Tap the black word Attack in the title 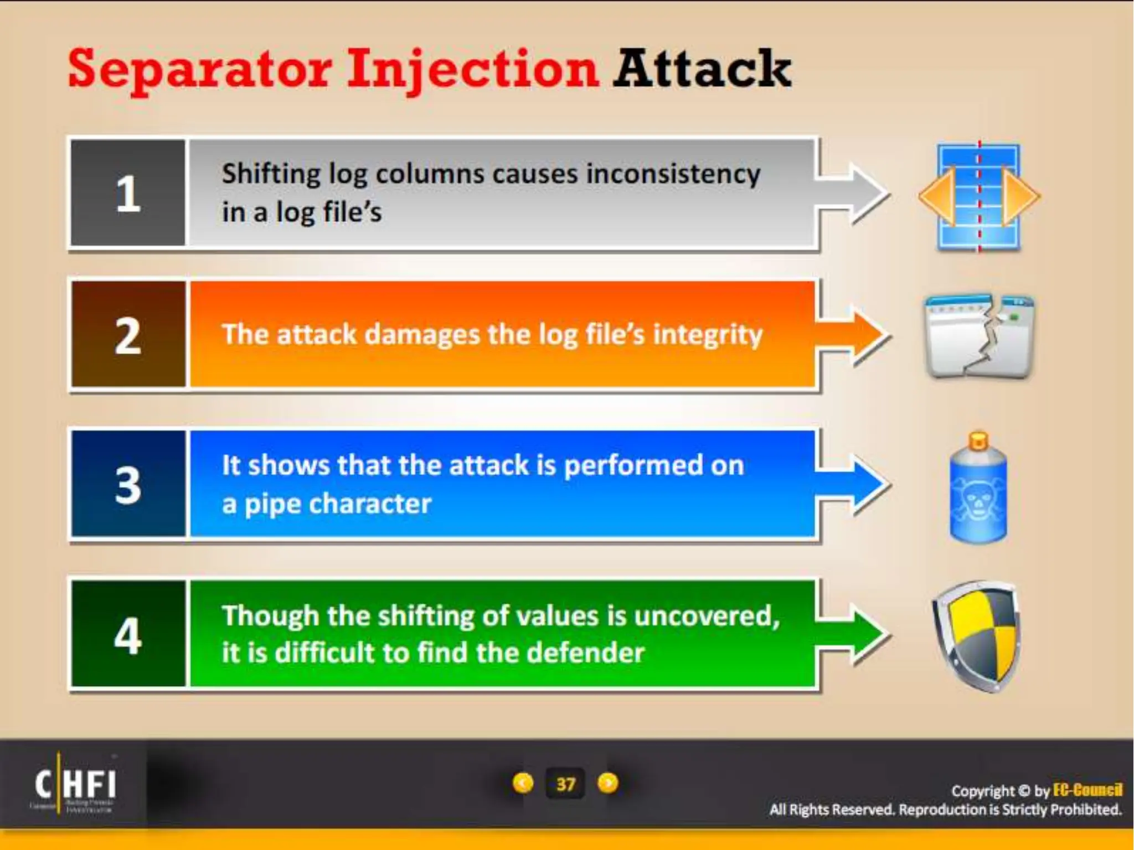(x=702, y=69)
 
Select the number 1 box (x=128, y=193)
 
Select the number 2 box (x=128, y=335)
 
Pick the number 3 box (x=128, y=484)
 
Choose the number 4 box (x=128, y=634)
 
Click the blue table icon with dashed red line (x=978, y=197)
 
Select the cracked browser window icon (x=979, y=336)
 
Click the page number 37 (x=565, y=784)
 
